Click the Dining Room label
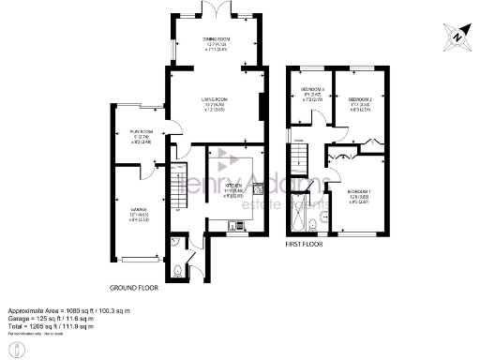pos(216,40)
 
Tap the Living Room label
pos(216,104)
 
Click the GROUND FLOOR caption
pos(134,288)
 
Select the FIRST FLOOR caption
pos(306,245)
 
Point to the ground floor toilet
pos(175,271)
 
